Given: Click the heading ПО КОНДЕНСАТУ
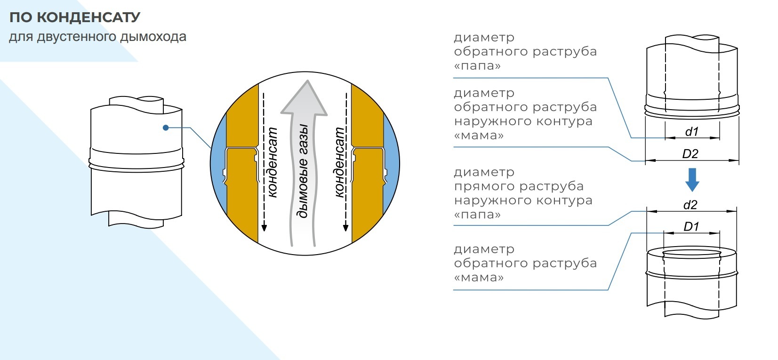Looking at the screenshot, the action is click(x=75, y=17).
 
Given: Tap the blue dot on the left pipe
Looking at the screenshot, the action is click(x=166, y=128).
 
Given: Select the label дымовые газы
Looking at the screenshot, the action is click(x=303, y=171).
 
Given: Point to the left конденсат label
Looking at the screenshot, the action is click(x=273, y=162).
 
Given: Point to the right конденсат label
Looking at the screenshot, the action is click(x=339, y=162).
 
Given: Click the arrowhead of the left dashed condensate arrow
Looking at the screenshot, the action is click(x=264, y=228).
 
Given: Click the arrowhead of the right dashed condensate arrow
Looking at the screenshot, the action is click(x=345, y=228).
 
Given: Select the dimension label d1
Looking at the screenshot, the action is click(x=692, y=132).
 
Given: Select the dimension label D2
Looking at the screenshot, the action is click(x=690, y=154).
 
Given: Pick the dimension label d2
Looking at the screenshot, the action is click(x=690, y=205).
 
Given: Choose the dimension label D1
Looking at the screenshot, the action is click(x=691, y=227).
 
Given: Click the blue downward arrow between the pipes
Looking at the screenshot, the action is click(x=692, y=180).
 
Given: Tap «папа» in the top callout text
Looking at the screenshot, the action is click(x=477, y=66).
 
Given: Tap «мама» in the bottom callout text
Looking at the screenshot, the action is click(x=479, y=278).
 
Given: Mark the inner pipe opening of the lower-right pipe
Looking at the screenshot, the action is click(x=691, y=254).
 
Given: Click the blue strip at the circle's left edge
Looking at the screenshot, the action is click(x=218, y=163).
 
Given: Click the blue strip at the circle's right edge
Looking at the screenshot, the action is click(x=392, y=163).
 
